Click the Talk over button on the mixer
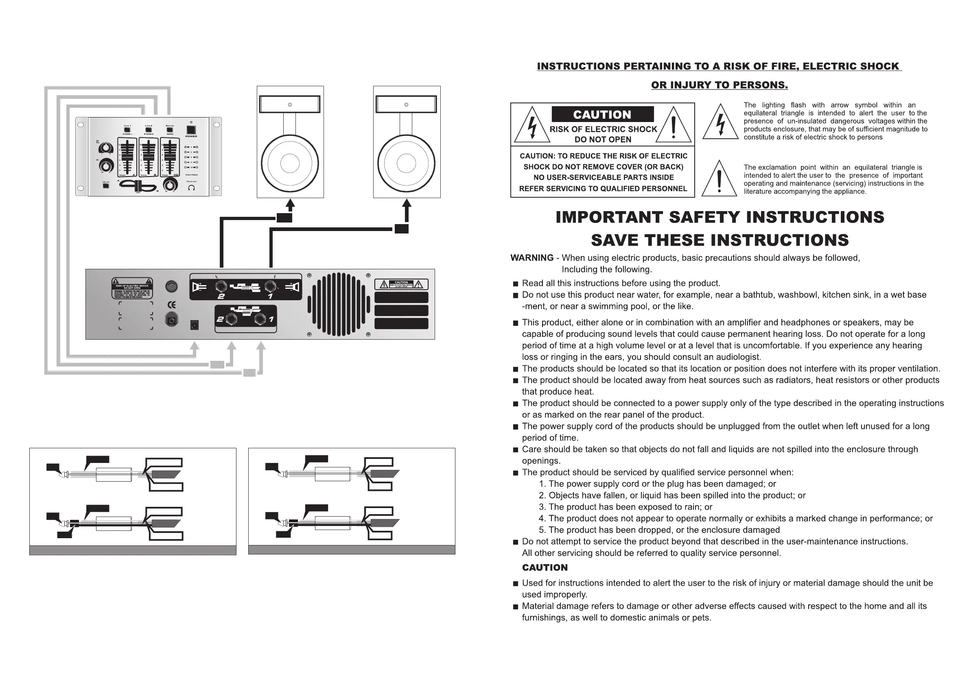[106, 185]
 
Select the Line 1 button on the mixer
[127, 130]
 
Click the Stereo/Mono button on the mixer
[170, 130]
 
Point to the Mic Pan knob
[105, 148]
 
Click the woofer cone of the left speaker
[290, 163]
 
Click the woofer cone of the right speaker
[407, 163]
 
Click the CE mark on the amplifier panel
[172, 305]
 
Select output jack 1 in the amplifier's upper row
[271, 287]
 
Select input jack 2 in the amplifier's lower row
[232, 319]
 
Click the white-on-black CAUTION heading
[602, 114]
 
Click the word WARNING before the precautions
[532, 258]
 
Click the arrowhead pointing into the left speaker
[290, 204]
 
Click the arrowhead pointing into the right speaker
[407, 204]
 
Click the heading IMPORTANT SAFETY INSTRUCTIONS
[720, 217]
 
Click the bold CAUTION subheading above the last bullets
[545, 568]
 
